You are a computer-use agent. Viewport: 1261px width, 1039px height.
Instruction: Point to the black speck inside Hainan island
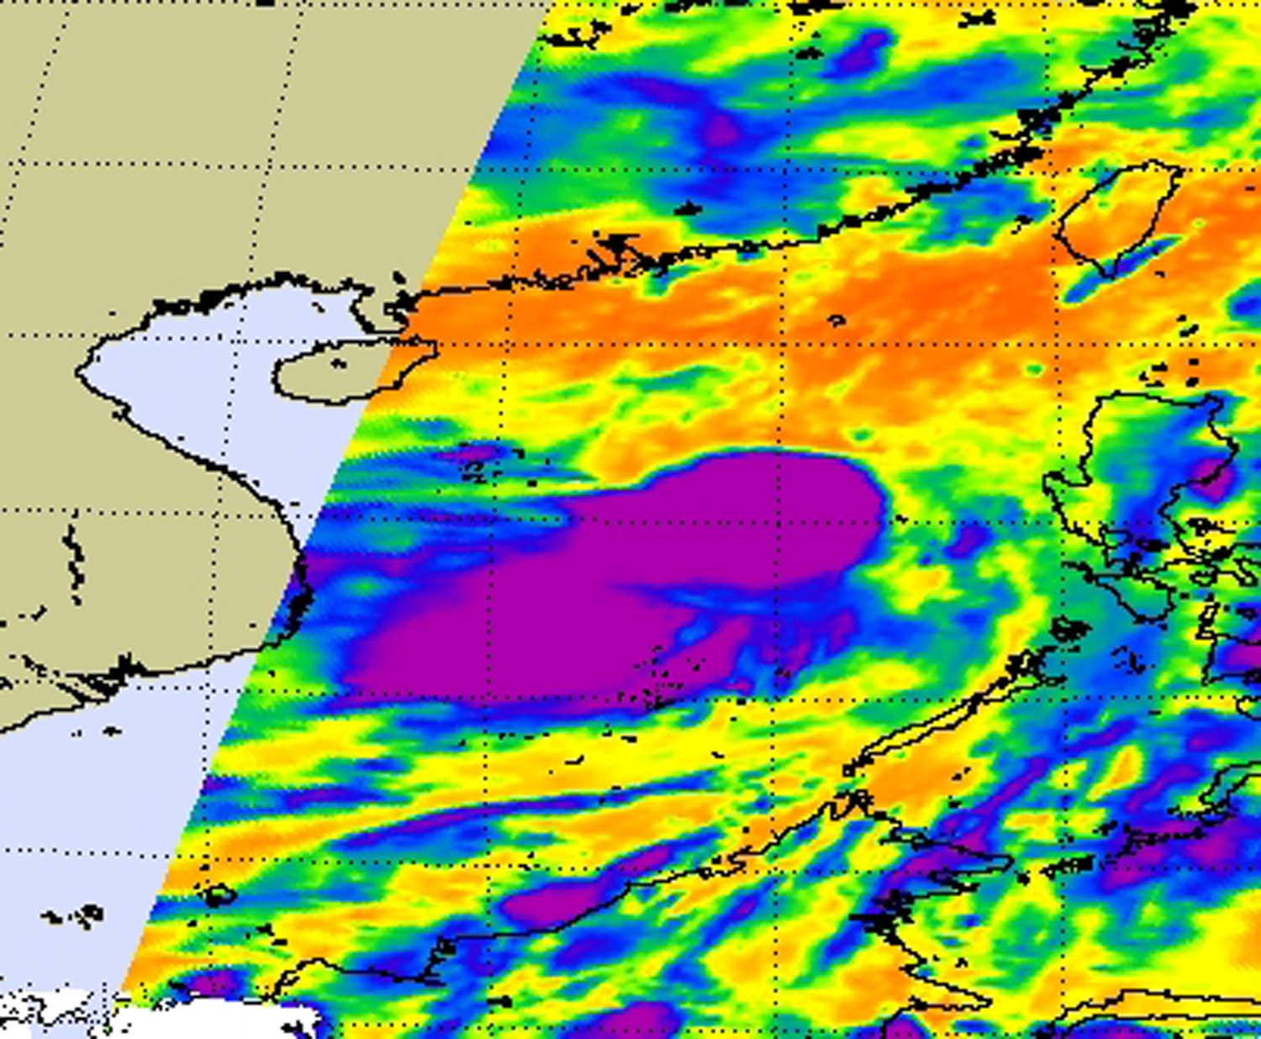(338, 364)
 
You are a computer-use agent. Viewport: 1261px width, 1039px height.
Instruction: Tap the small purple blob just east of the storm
(967, 538)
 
